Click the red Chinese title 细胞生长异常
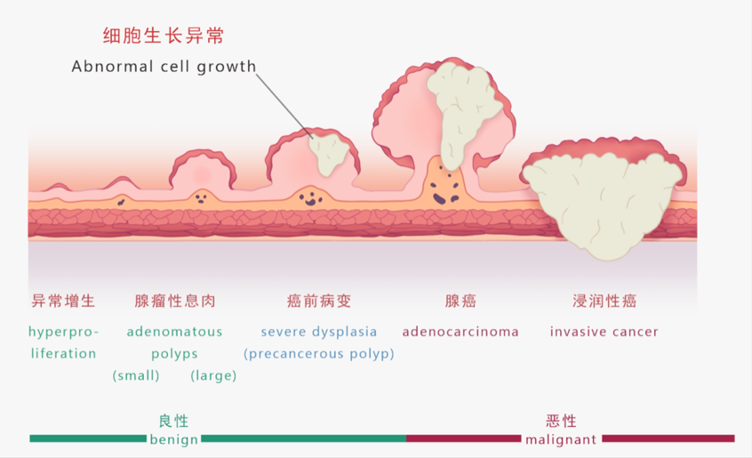coord(163,36)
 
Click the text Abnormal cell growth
coord(164,67)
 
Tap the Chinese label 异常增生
coord(63,301)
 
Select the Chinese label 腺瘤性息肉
coord(174,301)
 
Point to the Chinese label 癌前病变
coord(319,301)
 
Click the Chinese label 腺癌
coord(460,301)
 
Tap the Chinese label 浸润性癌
coord(604,301)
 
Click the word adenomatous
coord(174,332)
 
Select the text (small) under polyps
coord(136,375)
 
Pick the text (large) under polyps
coord(213,375)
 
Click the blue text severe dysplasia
coord(319,332)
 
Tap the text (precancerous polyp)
coord(319,353)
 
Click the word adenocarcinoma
coord(460,332)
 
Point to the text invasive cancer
coord(604,332)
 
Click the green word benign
coord(173,439)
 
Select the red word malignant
coord(561,439)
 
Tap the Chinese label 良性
coord(174,421)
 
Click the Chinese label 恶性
coord(562,421)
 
